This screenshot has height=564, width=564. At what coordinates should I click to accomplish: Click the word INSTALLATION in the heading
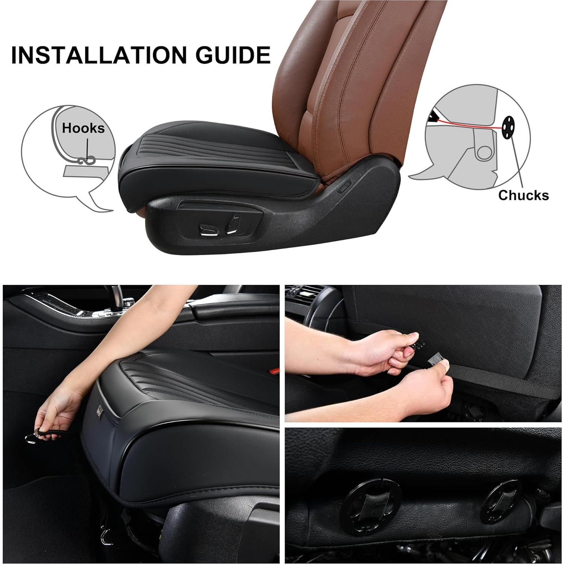click(100, 55)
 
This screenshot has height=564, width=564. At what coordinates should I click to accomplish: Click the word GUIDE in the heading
click(233, 55)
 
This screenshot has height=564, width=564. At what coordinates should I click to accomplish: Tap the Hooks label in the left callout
click(83, 128)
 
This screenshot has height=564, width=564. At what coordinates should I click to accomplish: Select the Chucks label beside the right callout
click(523, 195)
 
